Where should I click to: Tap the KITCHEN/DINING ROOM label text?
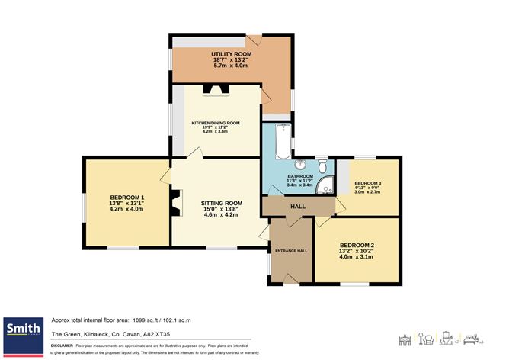tap(216, 123)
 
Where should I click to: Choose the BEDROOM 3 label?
tap(367, 183)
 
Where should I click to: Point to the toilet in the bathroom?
tap(323, 165)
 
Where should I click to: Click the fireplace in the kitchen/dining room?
tap(214, 89)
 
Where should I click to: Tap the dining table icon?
tap(405, 339)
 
